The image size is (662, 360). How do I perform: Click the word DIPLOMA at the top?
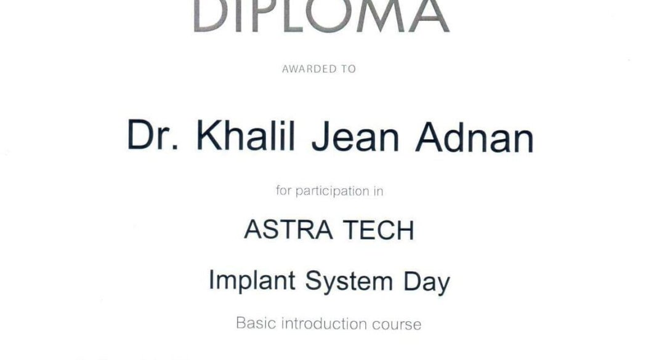click(321, 16)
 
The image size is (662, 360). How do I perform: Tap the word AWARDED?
click(309, 69)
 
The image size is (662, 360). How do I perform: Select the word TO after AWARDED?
click(349, 69)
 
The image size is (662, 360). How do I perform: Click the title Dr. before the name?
click(153, 135)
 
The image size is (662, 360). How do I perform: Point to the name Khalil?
click(246, 135)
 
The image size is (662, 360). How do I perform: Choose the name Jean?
click(355, 137)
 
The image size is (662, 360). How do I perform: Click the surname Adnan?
click(475, 138)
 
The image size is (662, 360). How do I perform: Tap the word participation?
click(333, 191)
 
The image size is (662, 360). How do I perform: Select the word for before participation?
click(284, 190)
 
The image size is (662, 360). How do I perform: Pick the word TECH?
click(378, 230)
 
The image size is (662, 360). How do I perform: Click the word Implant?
click(252, 281)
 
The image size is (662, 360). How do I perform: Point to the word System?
click(349, 281)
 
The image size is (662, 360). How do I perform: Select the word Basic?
click(256, 323)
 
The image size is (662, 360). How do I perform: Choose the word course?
click(397, 324)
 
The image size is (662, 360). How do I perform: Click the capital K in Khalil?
click(209, 135)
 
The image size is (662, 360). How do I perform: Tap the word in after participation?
click(378, 191)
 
